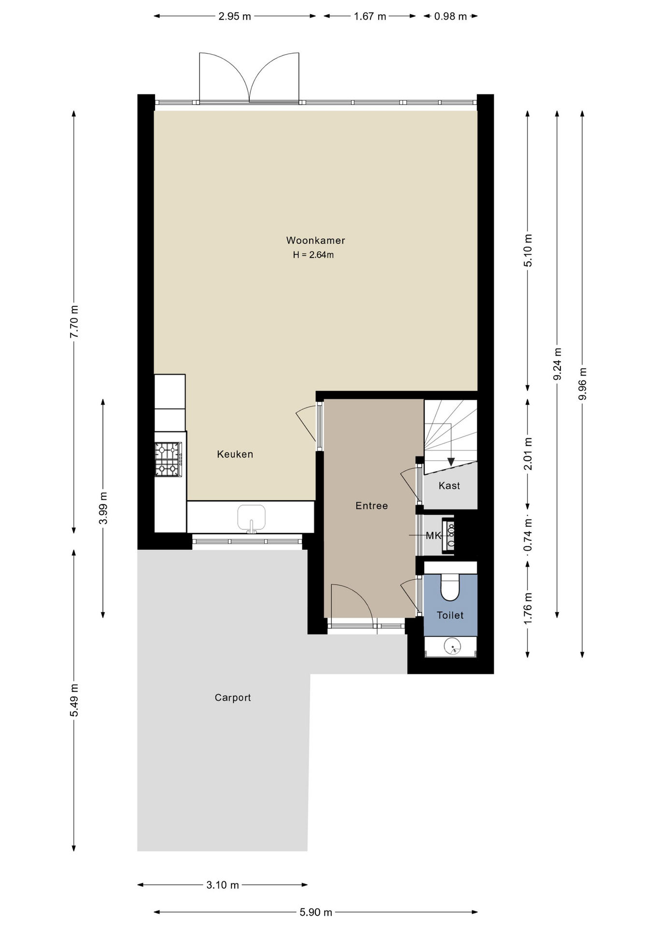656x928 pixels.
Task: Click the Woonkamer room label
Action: (315, 240)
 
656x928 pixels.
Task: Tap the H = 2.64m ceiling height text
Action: (313, 255)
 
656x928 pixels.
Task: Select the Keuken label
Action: (235, 454)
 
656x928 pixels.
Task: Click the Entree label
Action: (371, 506)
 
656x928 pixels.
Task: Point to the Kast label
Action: (449, 486)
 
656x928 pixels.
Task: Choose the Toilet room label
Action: (450, 615)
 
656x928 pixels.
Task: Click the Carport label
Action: (233, 697)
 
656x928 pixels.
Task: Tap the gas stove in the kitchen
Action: (169, 460)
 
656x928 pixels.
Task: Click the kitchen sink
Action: (251, 519)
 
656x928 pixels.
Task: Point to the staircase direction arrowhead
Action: (451, 462)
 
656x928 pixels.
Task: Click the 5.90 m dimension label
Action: (316, 912)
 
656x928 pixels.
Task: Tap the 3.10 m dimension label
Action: (223, 885)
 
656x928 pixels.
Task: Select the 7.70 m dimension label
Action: (74, 322)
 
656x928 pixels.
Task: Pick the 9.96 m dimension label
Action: (583, 384)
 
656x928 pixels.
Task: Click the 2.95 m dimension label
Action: (235, 16)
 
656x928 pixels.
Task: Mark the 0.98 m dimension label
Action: (451, 16)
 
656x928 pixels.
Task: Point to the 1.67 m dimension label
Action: (370, 16)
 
